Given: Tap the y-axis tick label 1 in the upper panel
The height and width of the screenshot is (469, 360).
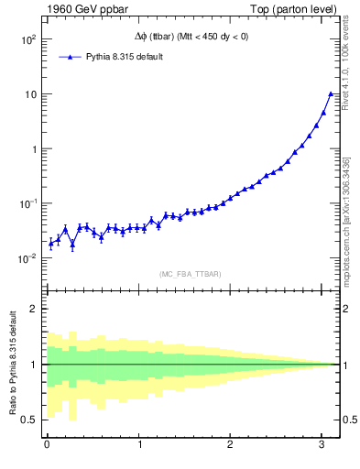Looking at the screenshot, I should (x=33, y=148).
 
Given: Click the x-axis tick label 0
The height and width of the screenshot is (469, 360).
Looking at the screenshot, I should (x=47, y=445).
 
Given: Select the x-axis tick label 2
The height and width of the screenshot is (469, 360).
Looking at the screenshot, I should (x=230, y=445).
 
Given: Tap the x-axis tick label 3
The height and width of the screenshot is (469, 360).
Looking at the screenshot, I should (x=322, y=445).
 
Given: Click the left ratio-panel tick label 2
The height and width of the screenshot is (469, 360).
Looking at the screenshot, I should (x=34, y=309).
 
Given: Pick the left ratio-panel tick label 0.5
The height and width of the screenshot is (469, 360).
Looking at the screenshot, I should (x=29, y=420).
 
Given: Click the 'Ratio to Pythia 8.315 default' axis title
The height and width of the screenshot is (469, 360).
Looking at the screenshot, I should (x=12, y=364).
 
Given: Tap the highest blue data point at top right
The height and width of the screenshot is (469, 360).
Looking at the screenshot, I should (x=330, y=93).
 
